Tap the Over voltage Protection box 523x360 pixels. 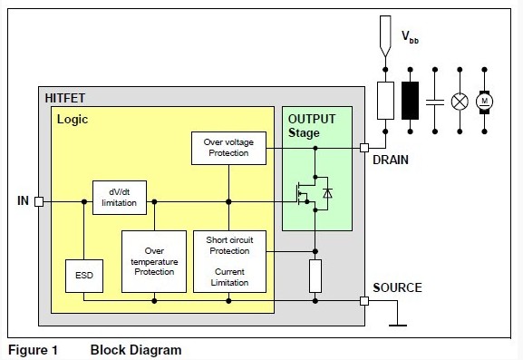[x=228, y=148]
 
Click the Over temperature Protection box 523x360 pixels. [x=153, y=260]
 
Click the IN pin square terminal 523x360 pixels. [x=39, y=201]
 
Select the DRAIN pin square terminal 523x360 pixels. [x=364, y=148]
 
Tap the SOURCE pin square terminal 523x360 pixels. [x=364, y=300]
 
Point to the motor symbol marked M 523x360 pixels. [x=484, y=100]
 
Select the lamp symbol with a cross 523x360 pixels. [x=460, y=100]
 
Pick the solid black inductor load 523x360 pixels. [x=410, y=100]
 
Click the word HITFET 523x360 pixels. [x=65, y=96]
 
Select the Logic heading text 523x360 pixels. [x=73, y=119]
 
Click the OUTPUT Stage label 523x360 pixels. [x=312, y=126]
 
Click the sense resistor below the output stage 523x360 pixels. [x=315, y=275]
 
